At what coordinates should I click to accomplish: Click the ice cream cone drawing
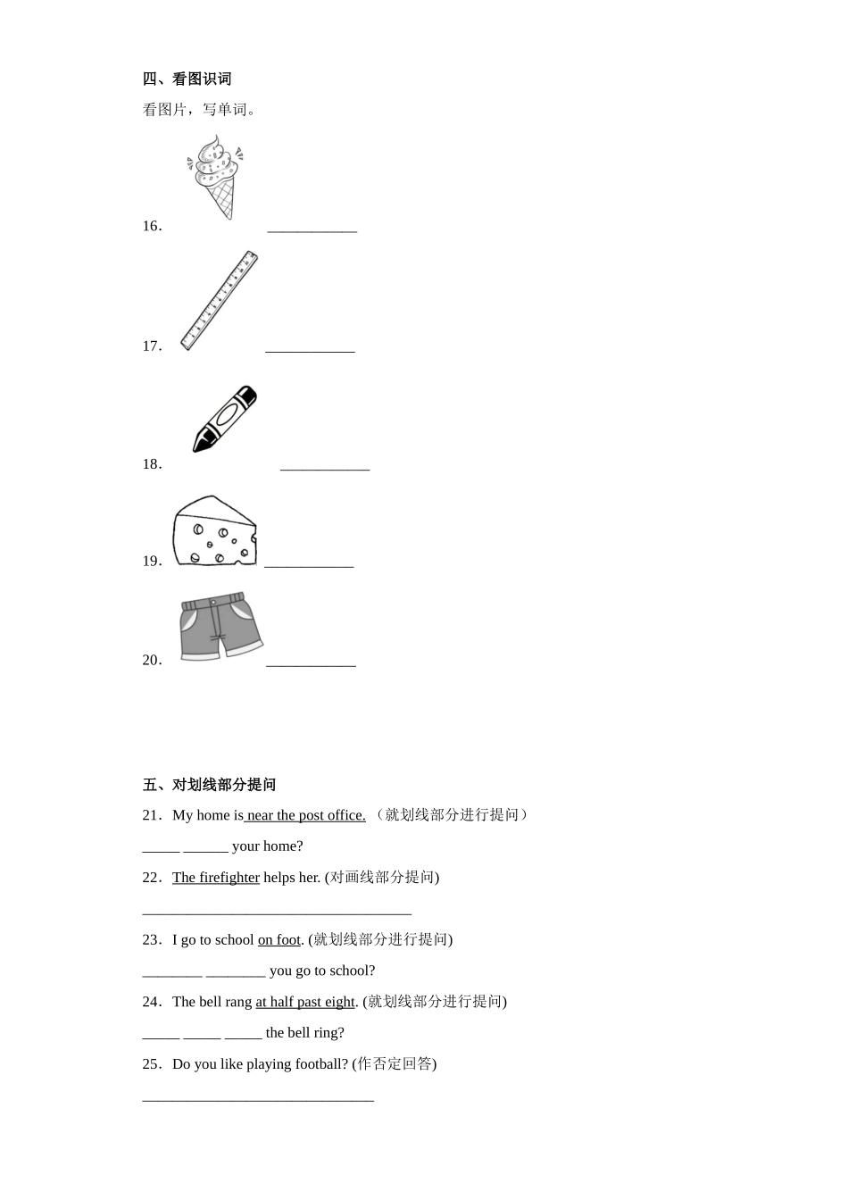215,178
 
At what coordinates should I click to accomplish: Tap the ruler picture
219,300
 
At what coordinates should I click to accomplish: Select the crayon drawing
224,418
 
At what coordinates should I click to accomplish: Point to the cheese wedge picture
214,531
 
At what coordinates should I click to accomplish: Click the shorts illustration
220,626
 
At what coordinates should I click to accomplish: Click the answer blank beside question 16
312,229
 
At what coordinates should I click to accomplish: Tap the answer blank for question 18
324,467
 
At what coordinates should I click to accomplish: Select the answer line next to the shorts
311,663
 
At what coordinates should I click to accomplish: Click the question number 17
152,346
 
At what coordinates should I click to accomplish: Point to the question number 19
152,562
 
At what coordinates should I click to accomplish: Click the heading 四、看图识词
187,79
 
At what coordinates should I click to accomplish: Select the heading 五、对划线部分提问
209,785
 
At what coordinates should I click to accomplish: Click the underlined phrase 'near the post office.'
305,815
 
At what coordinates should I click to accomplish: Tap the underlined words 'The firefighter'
216,878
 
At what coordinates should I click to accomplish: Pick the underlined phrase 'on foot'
279,940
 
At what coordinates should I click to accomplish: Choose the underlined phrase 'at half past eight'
305,1002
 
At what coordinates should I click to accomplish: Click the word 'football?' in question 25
320,1064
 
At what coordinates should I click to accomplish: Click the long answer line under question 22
277,912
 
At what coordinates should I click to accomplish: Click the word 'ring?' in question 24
328,1033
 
